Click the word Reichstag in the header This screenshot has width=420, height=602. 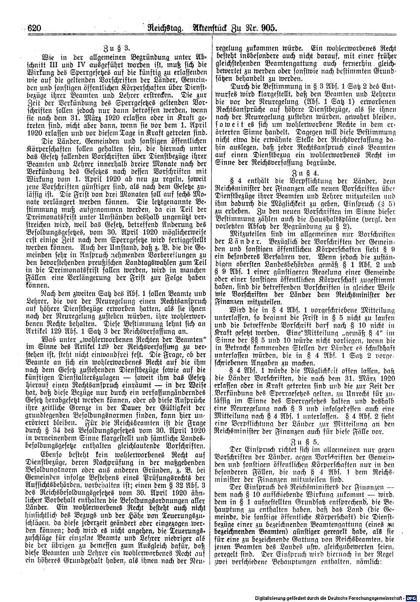click(x=158, y=28)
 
